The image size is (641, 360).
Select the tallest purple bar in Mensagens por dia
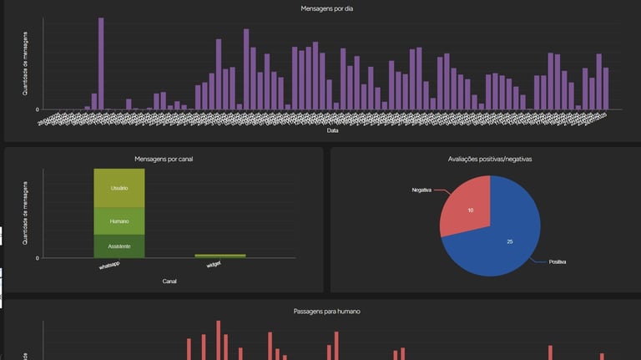click(x=101, y=63)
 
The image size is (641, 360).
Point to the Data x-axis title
click(x=332, y=131)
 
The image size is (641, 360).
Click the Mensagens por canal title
click(x=164, y=159)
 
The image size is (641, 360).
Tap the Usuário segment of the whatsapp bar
click(x=119, y=189)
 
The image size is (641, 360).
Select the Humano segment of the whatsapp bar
click(x=119, y=221)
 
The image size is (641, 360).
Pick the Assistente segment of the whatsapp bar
click(x=119, y=246)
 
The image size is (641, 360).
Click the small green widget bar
click(x=220, y=256)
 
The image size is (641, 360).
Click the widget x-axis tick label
click(x=214, y=266)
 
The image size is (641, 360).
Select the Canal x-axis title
click(x=169, y=281)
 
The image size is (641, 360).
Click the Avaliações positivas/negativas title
click(x=490, y=159)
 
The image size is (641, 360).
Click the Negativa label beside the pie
click(x=421, y=190)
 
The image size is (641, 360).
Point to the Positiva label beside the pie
click(x=558, y=262)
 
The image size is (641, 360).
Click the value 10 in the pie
click(x=471, y=210)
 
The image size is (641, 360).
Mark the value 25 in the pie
click(x=510, y=241)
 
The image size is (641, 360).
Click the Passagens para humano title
click(x=327, y=311)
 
